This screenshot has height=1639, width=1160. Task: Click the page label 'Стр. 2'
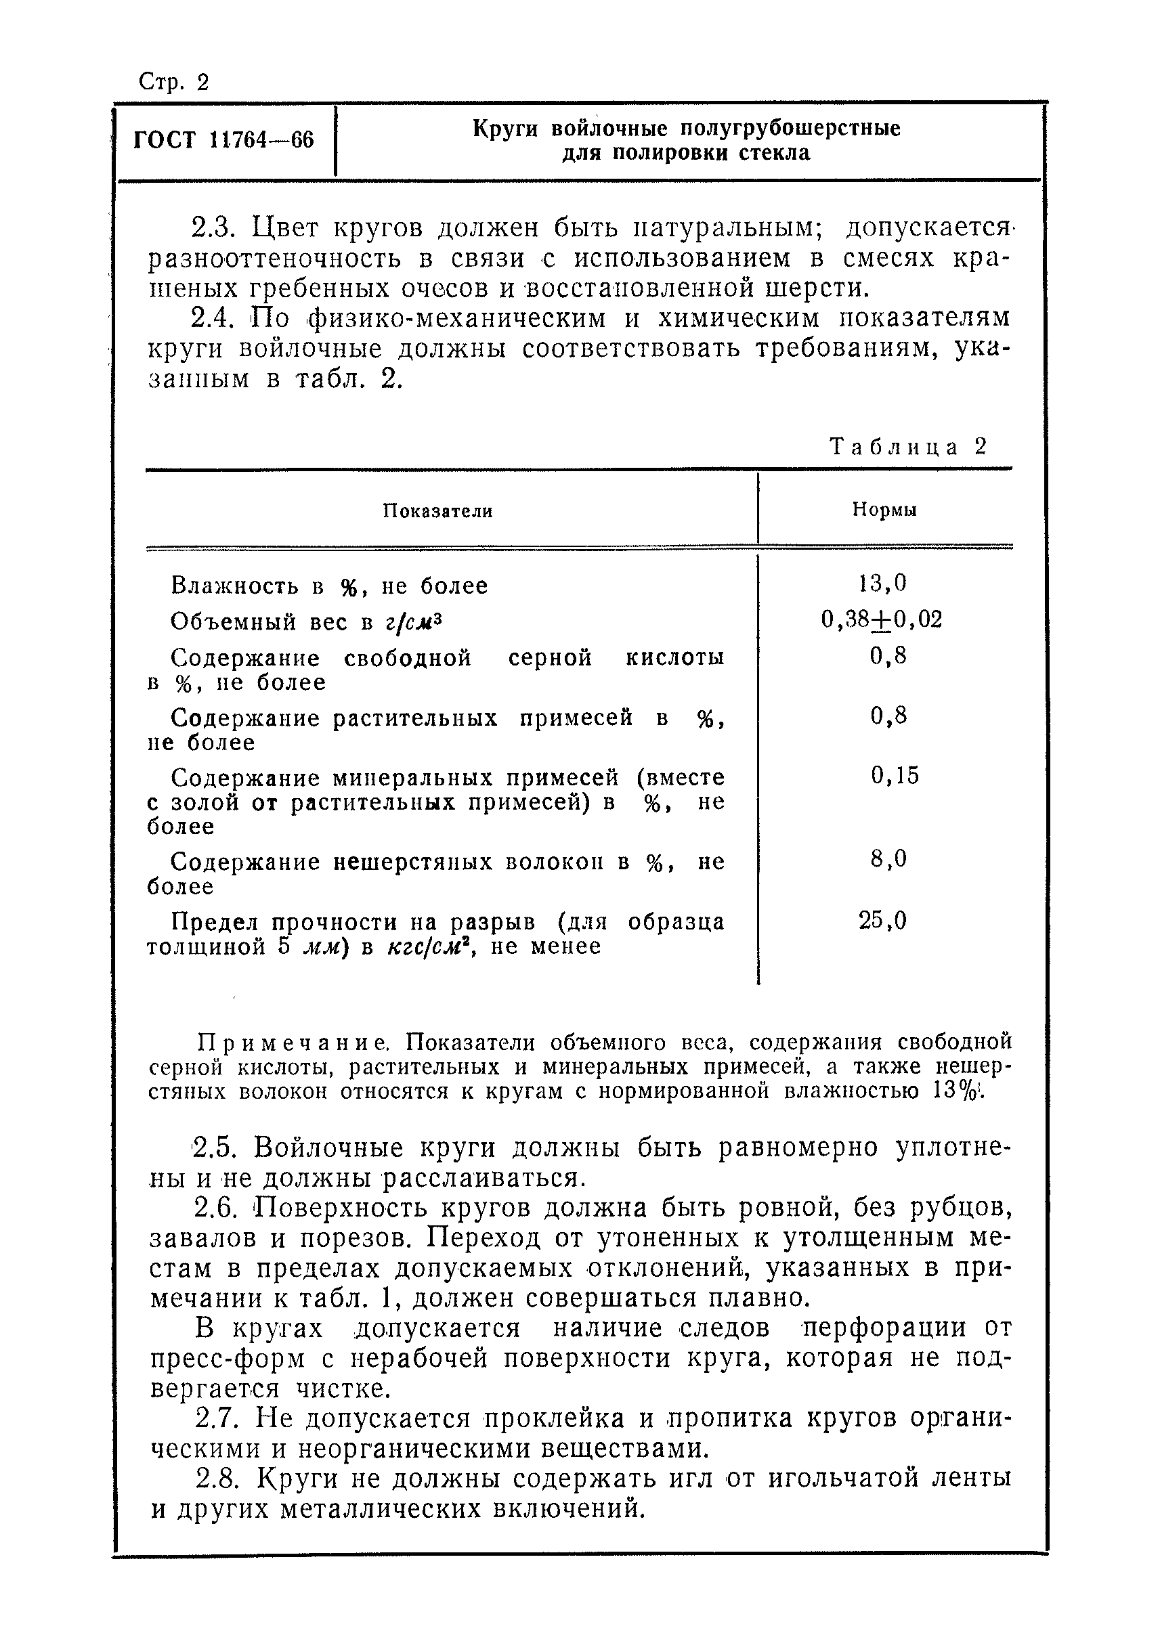pyautogui.click(x=173, y=83)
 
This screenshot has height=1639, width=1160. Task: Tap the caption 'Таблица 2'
pyautogui.click(x=909, y=447)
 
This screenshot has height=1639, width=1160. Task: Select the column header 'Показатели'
pyautogui.click(x=437, y=510)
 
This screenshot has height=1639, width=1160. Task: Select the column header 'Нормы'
pyautogui.click(x=884, y=510)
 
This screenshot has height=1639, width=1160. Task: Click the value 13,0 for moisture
pyautogui.click(x=883, y=584)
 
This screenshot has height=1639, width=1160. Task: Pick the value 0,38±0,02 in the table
pyautogui.click(x=882, y=619)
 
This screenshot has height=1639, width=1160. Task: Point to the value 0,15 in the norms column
pyautogui.click(x=895, y=776)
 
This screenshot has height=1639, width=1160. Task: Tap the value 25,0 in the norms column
pyautogui.click(x=883, y=921)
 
